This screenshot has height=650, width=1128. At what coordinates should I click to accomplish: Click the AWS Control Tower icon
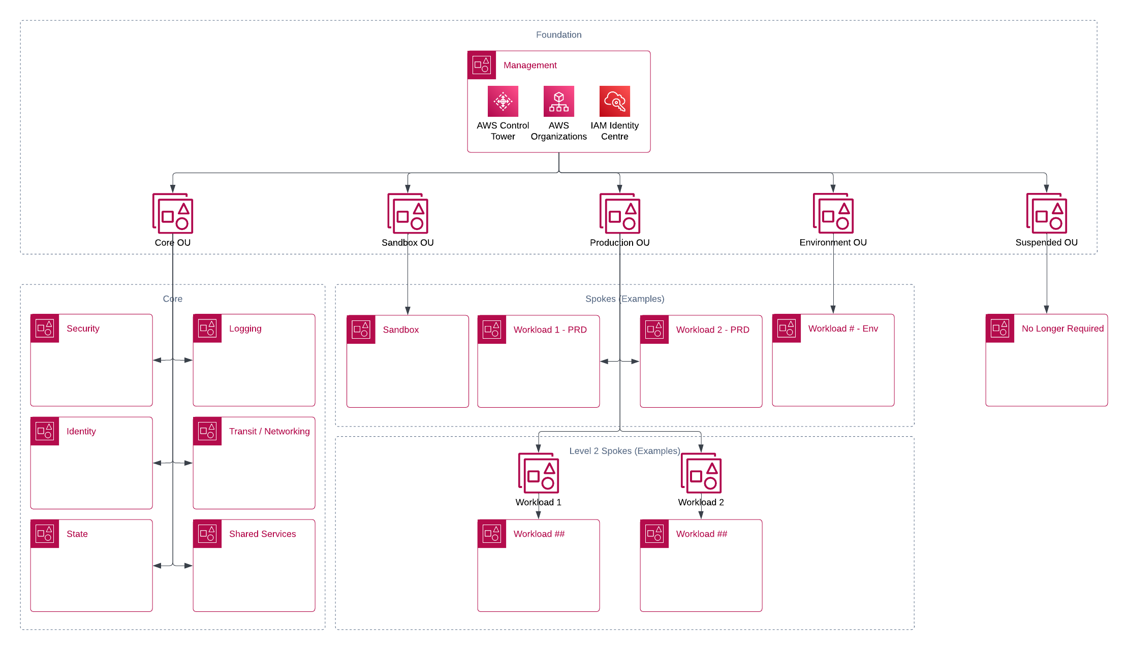coord(503,101)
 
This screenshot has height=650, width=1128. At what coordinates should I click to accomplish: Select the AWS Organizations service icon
coord(558,101)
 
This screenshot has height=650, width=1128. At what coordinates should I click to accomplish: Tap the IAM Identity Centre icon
coord(614,101)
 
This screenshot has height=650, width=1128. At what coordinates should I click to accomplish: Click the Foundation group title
coord(558,35)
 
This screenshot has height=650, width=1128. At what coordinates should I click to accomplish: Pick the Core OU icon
coord(173,213)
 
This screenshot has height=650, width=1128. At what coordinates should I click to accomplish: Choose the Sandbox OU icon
coord(408,213)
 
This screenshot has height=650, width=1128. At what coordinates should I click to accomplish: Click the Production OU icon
coord(619,213)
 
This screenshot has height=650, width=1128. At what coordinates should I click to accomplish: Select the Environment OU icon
coord(833,213)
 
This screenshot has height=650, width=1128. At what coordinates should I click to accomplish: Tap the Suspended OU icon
coord(1046,213)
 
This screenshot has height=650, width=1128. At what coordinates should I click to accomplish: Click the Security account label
coord(83,329)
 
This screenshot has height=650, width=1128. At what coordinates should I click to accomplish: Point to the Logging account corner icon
coord(207,329)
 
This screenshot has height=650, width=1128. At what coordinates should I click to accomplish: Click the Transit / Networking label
coord(269,431)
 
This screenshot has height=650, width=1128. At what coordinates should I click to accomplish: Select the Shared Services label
coord(262,534)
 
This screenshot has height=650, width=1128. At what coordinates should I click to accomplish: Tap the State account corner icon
coord(45,534)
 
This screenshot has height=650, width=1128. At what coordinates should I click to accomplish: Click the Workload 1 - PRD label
coord(550,330)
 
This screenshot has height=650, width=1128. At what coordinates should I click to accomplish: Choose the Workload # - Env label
coord(843,329)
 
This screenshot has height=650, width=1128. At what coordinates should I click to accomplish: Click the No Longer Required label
coord(1062,329)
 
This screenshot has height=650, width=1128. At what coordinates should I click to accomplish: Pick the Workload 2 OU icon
coord(701,473)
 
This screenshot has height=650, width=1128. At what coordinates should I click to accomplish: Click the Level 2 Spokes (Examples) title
coord(624,451)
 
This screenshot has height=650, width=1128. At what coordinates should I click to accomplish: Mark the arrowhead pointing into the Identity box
coord(157,463)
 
